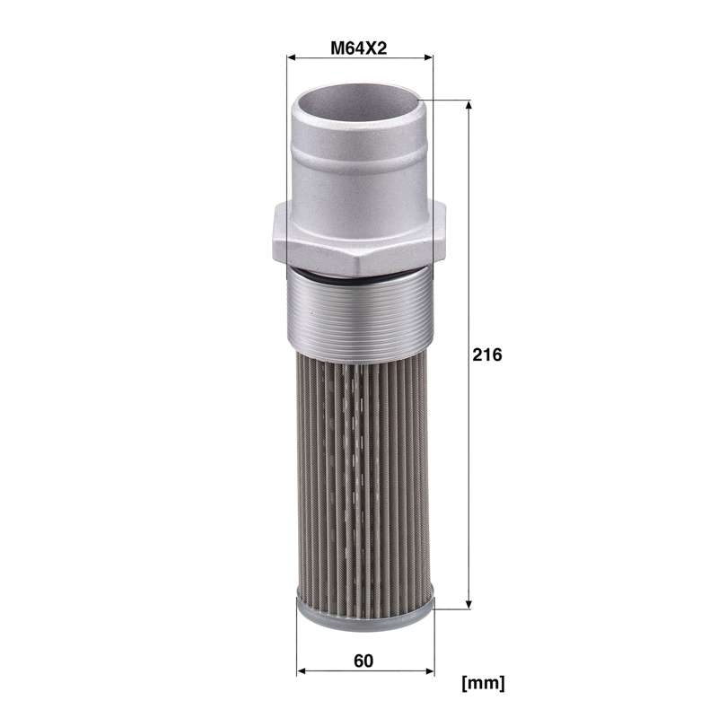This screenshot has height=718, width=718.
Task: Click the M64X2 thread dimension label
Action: tap(358, 48)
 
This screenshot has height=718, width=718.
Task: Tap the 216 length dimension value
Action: tap(487, 355)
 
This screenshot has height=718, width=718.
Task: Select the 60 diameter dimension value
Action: tap(363, 661)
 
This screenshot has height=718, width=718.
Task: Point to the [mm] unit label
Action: tap(484, 683)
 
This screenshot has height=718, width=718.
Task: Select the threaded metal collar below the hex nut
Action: tap(360, 313)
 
